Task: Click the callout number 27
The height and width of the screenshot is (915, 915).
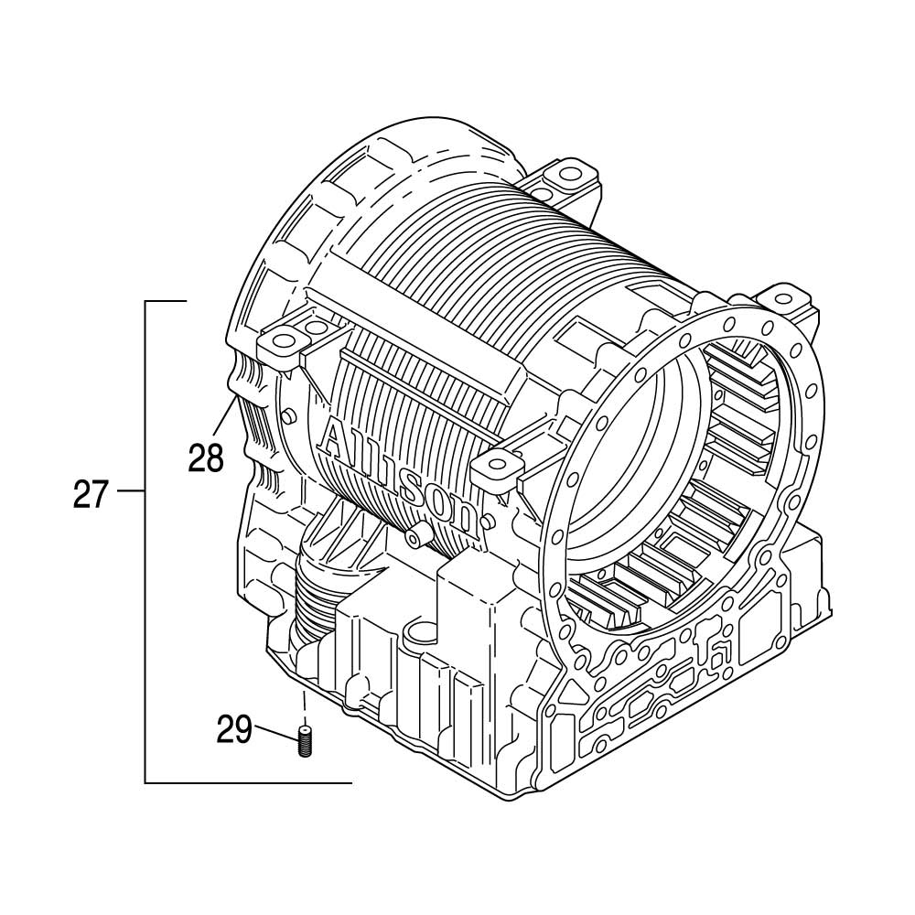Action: point(91,494)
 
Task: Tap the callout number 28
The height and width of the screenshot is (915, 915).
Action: point(206,457)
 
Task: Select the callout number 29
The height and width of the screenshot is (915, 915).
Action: point(234,729)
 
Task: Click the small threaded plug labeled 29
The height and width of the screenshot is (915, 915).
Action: point(304,741)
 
